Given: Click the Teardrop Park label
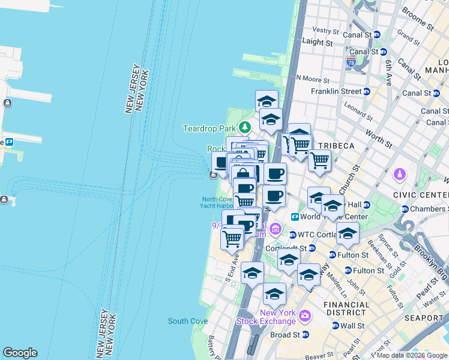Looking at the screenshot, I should coord(209,128).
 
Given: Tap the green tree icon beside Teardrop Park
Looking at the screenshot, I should coord(244,127).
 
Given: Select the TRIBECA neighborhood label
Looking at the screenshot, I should coord(336,146).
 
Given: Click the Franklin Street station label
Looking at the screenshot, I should coord(336,91).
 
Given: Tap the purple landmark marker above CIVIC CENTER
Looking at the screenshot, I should coord(399,175).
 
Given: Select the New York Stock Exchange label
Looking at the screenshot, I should coord(278,317).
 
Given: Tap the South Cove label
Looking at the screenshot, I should coord(187,321).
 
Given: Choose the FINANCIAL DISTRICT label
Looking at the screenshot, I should coord(346,308).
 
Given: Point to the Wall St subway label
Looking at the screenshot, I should coord(353,326).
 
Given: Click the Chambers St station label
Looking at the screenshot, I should coord(429,209).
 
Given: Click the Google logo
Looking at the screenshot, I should coord(20,353).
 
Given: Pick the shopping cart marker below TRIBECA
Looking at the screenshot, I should coord(320,160).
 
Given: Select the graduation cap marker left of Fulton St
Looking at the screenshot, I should coord(347,233).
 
